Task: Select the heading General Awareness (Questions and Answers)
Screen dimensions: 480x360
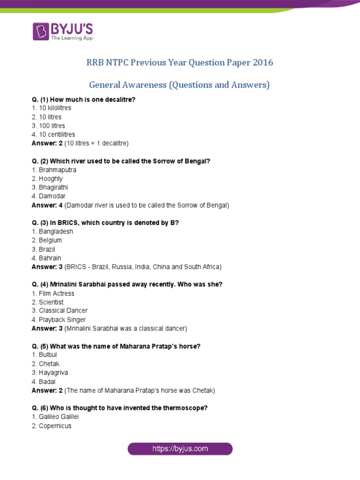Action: (x=180, y=85)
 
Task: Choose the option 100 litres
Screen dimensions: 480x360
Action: (x=48, y=126)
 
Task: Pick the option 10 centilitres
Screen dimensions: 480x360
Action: (x=53, y=135)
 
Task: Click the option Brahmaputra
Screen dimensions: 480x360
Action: (x=53, y=170)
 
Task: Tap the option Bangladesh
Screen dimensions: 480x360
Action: (x=52, y=232)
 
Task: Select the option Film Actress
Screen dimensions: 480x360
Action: (x=52, y=293)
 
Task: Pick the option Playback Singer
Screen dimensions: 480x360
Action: (x=59, y=320)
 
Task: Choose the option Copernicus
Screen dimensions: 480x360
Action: (x=52, y=426)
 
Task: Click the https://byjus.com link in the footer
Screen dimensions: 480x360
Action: (x=180, y=449)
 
